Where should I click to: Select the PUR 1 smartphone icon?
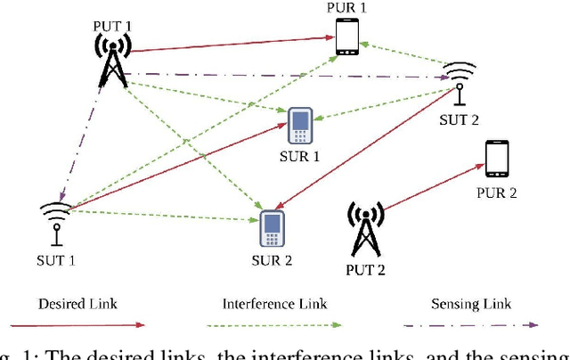347,37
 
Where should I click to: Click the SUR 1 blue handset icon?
299,126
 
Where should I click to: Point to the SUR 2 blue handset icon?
271,230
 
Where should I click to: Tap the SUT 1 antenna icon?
55,221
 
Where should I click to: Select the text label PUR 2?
498,192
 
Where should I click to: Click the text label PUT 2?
365,268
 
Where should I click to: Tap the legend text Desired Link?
80,305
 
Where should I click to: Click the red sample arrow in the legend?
80,325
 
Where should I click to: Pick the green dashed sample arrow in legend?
281,325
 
